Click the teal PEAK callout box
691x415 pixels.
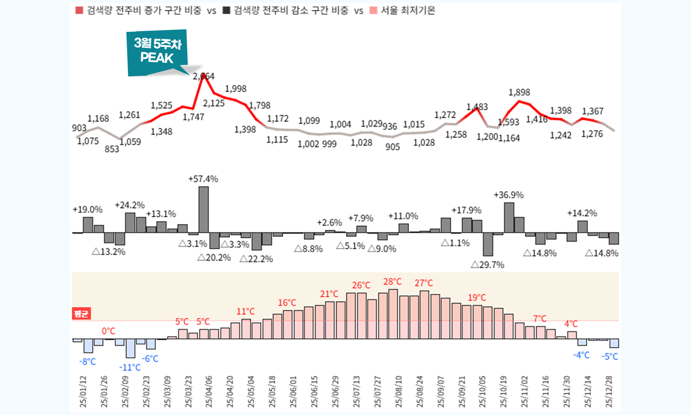[x=157, y=52]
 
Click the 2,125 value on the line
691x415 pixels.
[x=214, y=103]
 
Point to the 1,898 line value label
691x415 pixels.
[x=519, y=92]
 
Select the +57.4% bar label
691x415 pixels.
[x=203, y=179]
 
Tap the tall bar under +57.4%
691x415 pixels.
[x=204, y=209]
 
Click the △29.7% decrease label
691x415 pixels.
[x=487, y=265]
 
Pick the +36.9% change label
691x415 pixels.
[x=509, y=195]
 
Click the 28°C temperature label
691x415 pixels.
[x=392, y=281]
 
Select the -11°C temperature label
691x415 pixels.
[x=130, y=367]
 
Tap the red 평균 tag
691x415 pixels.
[x=81, y=314]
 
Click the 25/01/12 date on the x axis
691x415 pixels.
[x=83, y=391]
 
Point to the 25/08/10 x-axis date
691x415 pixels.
[x=399, y=391]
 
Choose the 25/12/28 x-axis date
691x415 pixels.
[x=609, y=391]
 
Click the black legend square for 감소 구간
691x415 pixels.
[x=227, y=10]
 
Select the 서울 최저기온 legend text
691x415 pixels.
[x=408, y=10]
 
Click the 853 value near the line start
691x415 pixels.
[x=112, y=149]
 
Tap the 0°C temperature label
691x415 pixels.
[x=109, y=331]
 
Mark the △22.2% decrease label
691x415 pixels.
[x=256, y=259]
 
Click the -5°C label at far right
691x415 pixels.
[x=609, y=356]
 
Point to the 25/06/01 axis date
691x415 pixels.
[x=294, y=391]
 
